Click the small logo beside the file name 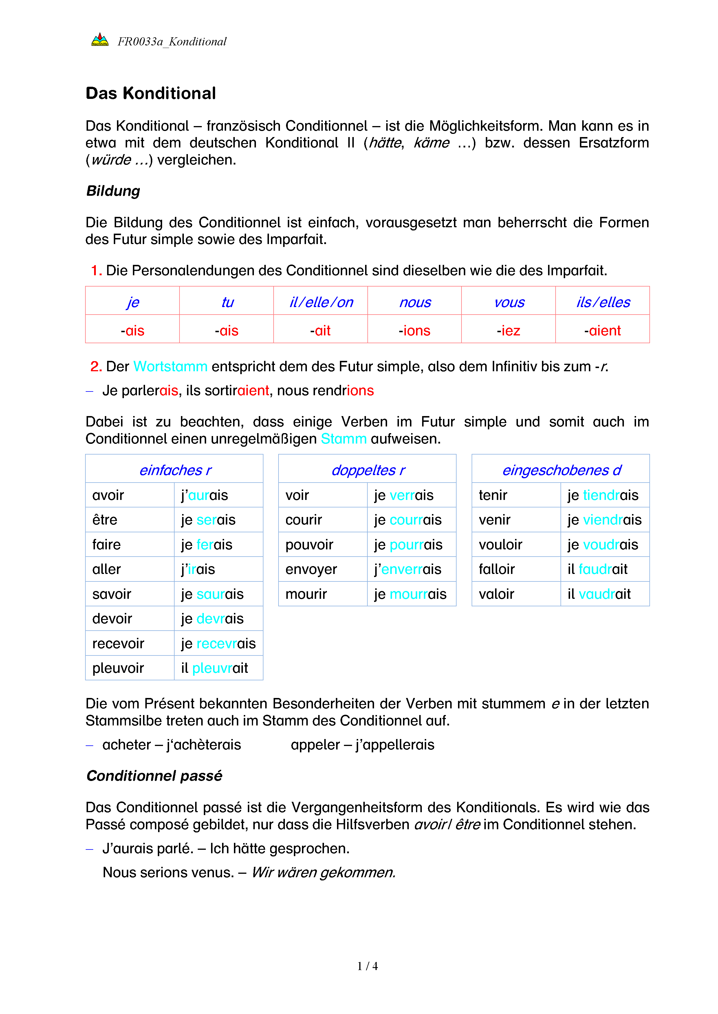[x=100, y=40]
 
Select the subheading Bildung [x=113, y=191]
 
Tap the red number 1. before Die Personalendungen [x=96, y=270]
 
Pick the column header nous [x=415, y=302]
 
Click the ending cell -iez [x=508, y=330]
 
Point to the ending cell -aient [x=602, y=330]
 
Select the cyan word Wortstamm [x=170, y=367]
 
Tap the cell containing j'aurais [x=204, y=495]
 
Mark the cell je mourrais [x=410, y=594]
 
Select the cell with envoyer [x=311, y=569]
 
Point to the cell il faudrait [x=597, y=569]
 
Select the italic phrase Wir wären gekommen [x=323, y=872]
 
